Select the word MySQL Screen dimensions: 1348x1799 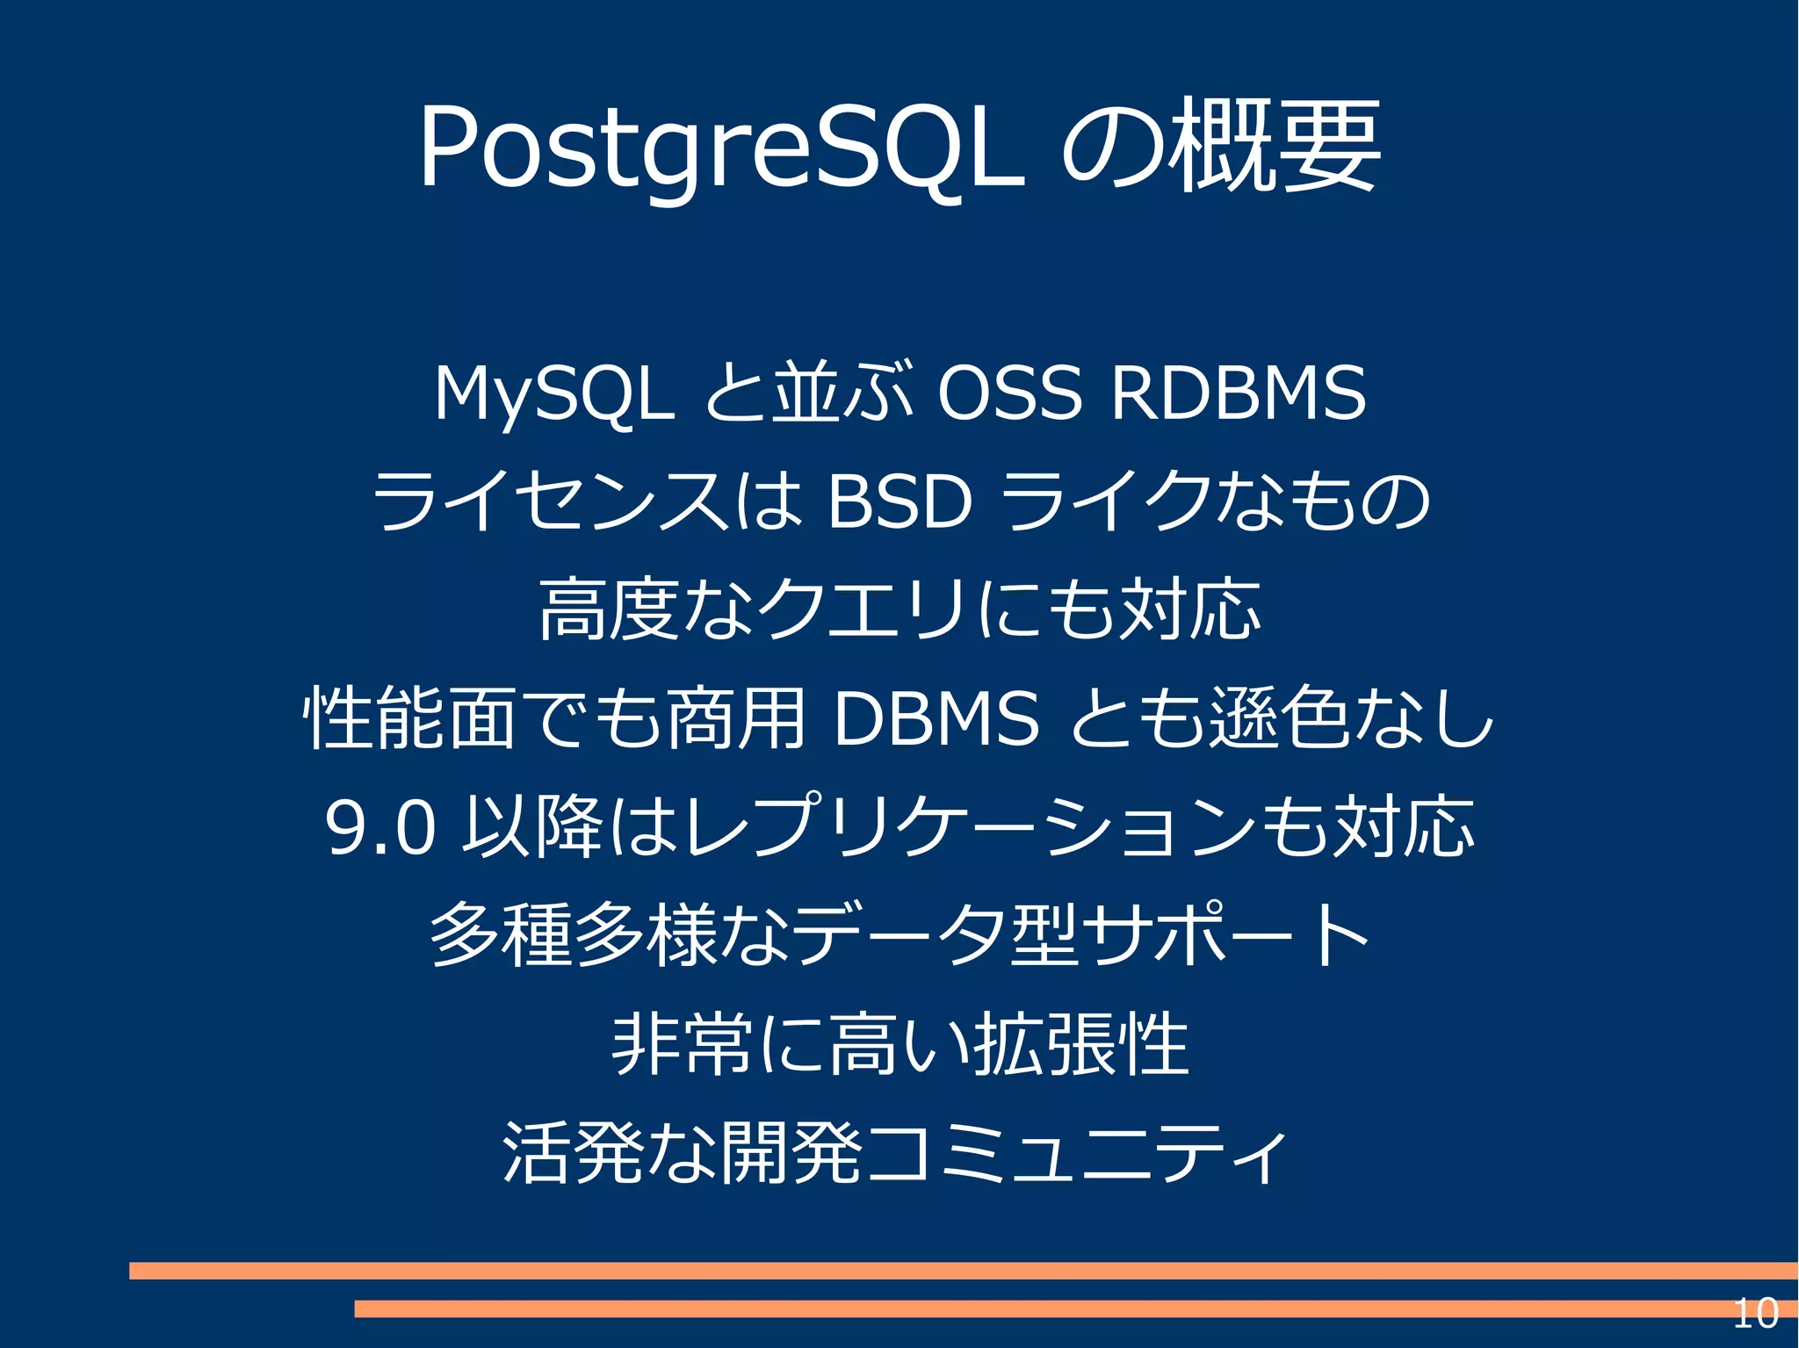click(x=554, y=393)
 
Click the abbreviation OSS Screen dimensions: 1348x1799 click(x=1008, y=393)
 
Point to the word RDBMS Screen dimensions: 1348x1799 click(x=1239, y=393)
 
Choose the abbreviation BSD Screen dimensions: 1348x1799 click(x=899, y=501)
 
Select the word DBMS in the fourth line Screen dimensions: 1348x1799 click(x=936, y=718)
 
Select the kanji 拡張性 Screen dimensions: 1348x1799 click(x=1080, y=1044)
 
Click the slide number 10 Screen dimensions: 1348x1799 click(x=1754, y=1314)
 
